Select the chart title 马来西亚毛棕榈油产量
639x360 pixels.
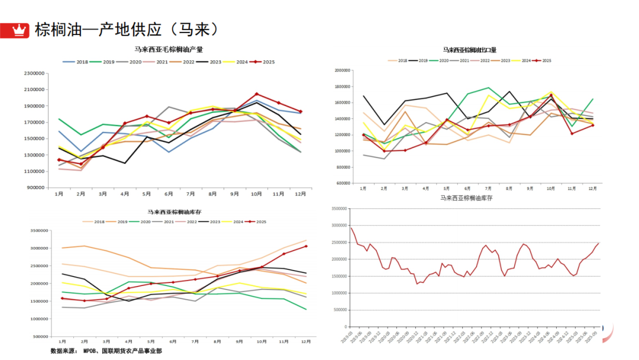(169, 50)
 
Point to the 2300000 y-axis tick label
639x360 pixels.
(33, 73)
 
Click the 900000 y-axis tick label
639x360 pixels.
(35, 187)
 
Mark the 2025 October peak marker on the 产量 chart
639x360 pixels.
(256, 94)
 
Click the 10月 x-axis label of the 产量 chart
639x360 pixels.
(256, 194)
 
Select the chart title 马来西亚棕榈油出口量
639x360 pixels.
(470, 50)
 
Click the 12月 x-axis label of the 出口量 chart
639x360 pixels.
(592, 188)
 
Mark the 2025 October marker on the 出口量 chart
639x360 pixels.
(551, 95)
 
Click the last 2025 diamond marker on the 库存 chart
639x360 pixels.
(306, 247)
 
